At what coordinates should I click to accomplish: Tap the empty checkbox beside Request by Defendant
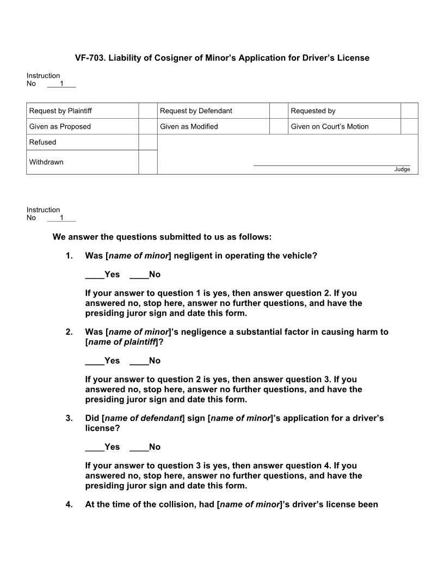[x=278, y=111]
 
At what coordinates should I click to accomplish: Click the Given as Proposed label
[x=60, y=127]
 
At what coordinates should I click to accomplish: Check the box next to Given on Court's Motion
[x=409, y=127]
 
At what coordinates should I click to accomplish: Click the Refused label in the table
[x=42, y=143]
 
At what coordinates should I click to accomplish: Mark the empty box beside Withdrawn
[x=148, y=162]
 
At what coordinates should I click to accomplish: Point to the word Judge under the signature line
[x=402, y=170]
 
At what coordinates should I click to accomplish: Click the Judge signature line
[x=331, y=164]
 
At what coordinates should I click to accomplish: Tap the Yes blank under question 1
[x=94, y=274]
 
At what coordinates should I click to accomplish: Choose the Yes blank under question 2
[x=94, y=360]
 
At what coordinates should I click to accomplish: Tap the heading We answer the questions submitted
[x=162, y=237]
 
